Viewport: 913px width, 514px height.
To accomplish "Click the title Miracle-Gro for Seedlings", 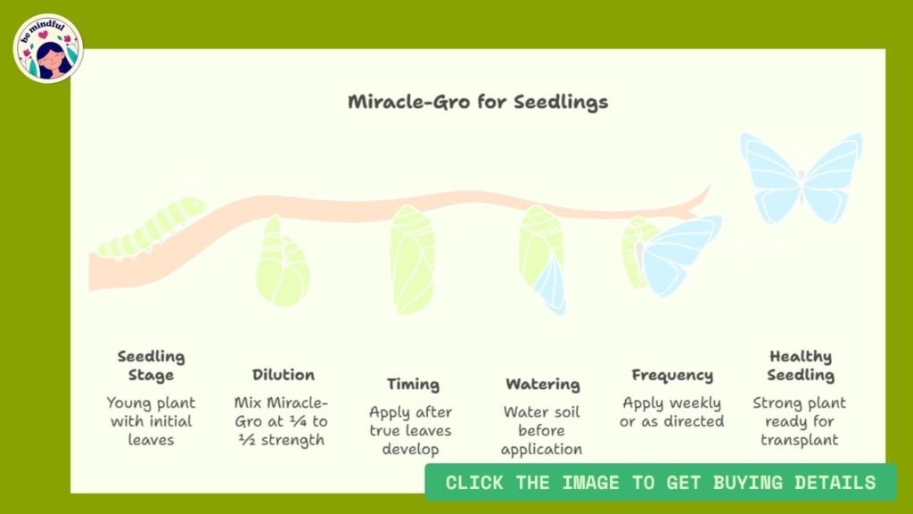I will (478, 101).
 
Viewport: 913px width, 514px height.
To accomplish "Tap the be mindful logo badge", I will (48, 48).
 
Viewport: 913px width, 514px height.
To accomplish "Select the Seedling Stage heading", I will (151, 365).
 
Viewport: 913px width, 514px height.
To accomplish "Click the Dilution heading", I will (283, 375).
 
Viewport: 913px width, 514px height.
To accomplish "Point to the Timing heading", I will (413, 385).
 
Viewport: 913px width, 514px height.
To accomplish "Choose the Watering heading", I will (542, 385).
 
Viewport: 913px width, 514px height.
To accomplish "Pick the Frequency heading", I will (671, 375).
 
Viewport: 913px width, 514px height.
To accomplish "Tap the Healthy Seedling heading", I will (801, 365).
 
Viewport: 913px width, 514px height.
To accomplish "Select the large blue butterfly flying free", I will (801, 177).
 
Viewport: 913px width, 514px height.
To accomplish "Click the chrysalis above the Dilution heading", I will (282, 263).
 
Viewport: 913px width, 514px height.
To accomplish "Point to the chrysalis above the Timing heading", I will (412, 259).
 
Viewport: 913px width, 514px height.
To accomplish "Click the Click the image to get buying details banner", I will (660, 483).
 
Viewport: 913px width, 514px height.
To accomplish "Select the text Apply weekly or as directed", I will (671, 411).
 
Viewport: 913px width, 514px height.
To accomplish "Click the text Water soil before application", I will (542, 430).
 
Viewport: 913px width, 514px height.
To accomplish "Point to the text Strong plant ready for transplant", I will (801, 421).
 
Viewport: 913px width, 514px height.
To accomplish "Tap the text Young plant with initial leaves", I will (151, 421).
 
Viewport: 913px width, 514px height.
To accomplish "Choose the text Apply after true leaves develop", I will (411, 430).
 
